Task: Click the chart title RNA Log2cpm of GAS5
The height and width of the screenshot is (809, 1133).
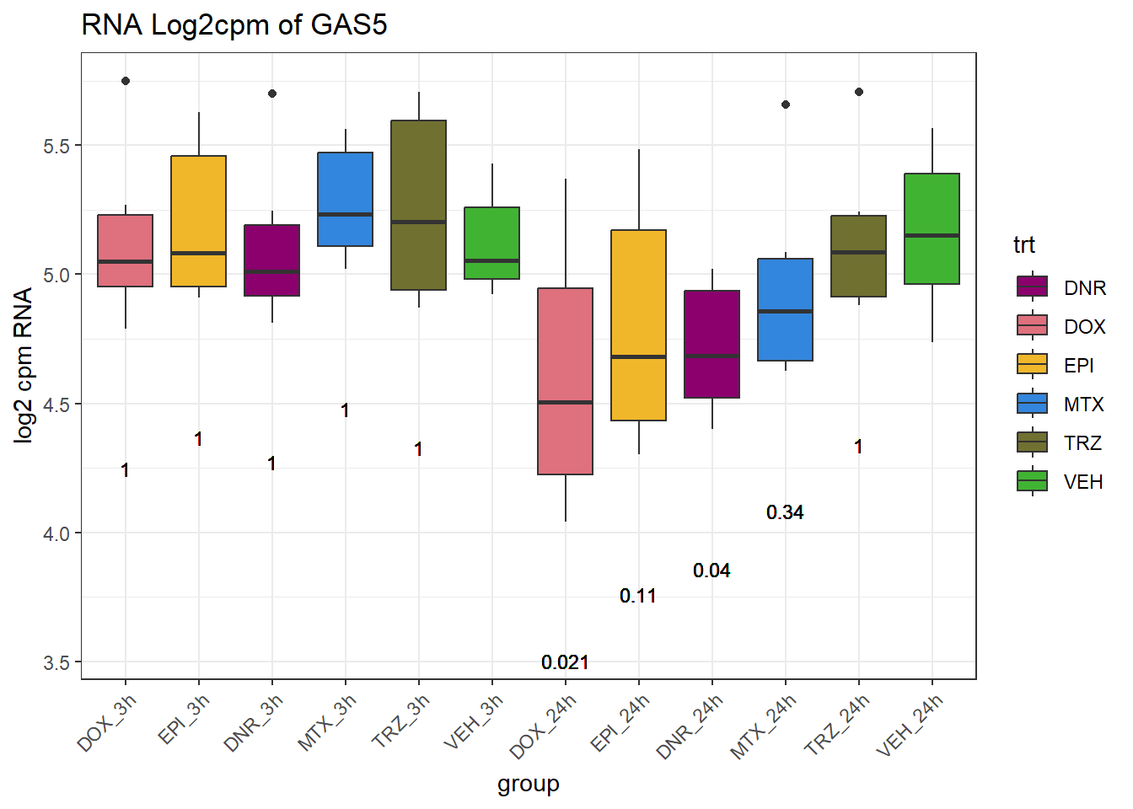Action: [x=234, y=25]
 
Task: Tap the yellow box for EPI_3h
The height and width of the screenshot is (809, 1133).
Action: [x=198, y=221]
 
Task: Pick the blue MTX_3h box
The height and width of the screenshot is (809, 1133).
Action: [x=345, y=199]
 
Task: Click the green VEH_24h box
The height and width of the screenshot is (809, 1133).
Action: [x=932, y=228]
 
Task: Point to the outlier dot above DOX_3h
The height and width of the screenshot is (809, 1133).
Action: [x=126, y=81]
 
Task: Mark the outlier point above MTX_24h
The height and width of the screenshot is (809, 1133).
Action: [x=786, y=104]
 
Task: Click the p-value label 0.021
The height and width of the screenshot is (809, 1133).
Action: [x=565, y=662]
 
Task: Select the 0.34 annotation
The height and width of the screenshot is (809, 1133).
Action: [x=785, y=512]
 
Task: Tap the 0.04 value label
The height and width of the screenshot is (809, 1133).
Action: [x=711, y=571]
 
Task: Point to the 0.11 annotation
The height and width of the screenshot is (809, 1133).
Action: [x=638, y=596]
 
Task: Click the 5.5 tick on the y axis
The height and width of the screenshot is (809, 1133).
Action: [x=56, y=146]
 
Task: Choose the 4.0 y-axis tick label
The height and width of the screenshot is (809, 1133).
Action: [x=56, y=533]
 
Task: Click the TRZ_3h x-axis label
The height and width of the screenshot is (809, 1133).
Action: [x=402, y=721]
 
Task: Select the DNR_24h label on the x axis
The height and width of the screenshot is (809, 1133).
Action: [x=690, y=726]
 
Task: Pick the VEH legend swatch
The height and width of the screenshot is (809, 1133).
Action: [x=1032, y=481]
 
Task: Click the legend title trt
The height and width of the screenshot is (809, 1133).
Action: [x=1023, y=245]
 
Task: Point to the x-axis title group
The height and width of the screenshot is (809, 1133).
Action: [x=528, y=784]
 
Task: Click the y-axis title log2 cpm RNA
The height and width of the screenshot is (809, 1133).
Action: [x=24, y=365]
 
